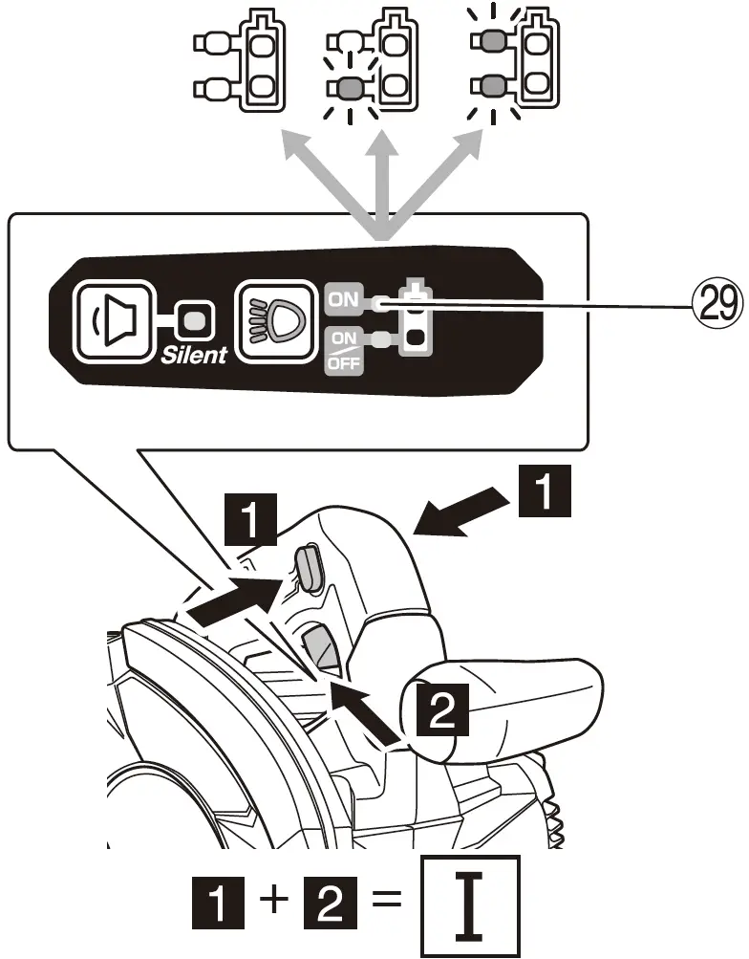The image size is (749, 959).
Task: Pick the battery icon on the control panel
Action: (x=415, y=318)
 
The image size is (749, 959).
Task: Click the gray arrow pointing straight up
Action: (x=383, y=182)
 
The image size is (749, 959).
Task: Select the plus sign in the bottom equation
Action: (x=275, y=901)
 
